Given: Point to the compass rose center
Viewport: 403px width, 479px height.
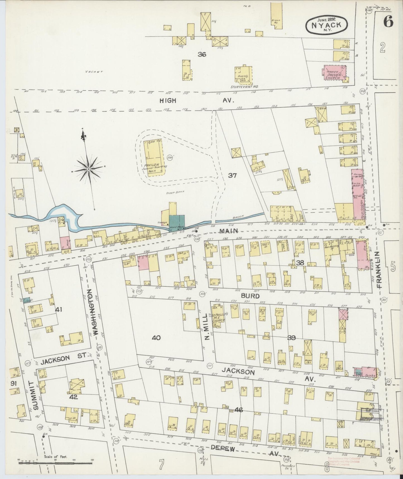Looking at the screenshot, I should pos(88,169).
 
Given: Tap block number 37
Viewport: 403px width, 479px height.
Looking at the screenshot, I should pos(232,176).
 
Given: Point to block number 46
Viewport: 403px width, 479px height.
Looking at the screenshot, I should pos(239,410).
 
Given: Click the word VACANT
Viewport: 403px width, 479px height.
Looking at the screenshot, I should pos(94,72).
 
